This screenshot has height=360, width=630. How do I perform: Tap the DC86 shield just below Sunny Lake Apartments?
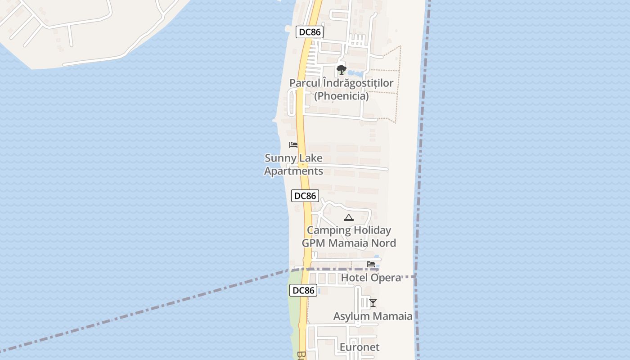tap(305, 196)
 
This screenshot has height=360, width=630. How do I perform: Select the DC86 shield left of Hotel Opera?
tap(303, 290)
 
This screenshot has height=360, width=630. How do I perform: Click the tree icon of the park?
tap(342, 70)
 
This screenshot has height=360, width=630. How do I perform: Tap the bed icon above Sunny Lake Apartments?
tap(293, 145)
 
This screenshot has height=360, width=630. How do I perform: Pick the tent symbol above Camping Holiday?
tap(348, 218)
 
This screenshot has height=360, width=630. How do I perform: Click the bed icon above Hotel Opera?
tap(371, 264)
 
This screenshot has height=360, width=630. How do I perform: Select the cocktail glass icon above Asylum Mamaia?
tap(373, 303)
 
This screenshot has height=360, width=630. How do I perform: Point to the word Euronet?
tap(359, 347)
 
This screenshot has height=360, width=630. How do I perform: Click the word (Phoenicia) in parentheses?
tap(341, 96)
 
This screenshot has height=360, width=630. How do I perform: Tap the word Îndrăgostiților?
tap(358, 83)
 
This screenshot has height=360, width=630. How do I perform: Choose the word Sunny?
tap(279, 158)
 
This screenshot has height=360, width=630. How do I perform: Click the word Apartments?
tap(293, 171)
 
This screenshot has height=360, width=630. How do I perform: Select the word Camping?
tap(328, 230)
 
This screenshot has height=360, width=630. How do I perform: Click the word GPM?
tap(313, 243)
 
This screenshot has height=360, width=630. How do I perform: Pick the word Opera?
tap(387, 278)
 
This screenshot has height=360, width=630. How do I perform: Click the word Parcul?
tap(304, 83)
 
